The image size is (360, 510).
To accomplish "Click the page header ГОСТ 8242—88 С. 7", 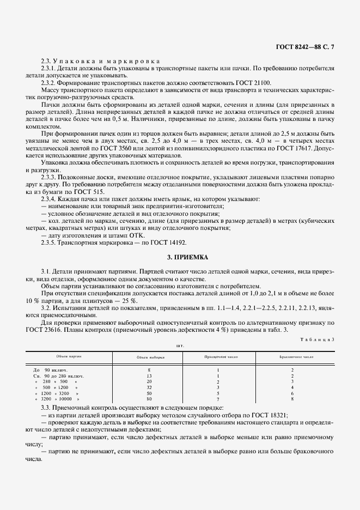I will (x=306, y=47).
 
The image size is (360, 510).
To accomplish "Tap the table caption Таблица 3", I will (x=318, y=339).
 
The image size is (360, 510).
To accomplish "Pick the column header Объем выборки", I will (x=149, y=357).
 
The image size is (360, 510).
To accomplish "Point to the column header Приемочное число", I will (x=219, y=357).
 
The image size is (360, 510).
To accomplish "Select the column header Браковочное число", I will (x=292, y=357).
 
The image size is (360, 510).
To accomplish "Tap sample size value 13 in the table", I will (x=149, y=376).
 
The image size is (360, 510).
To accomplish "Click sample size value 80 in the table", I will (x=149, y=399).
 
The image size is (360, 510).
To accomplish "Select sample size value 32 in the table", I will (x=149, y=387).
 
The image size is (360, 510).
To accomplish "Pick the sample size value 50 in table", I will (x=149, y=393).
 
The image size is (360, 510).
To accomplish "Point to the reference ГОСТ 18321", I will (x=269, y=415).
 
